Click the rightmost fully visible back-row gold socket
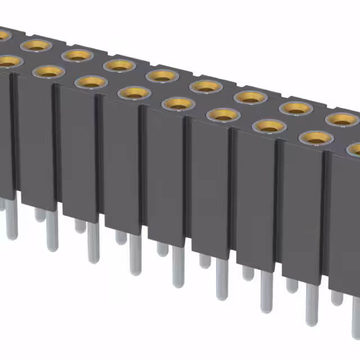click(341, 119)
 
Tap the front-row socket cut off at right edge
click(355, 150)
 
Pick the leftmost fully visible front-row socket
click(49, 71)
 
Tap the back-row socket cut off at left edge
click(3, 35)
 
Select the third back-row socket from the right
click(250, 96)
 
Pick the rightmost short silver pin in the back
click(336, 296)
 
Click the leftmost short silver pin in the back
click(39, 214)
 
